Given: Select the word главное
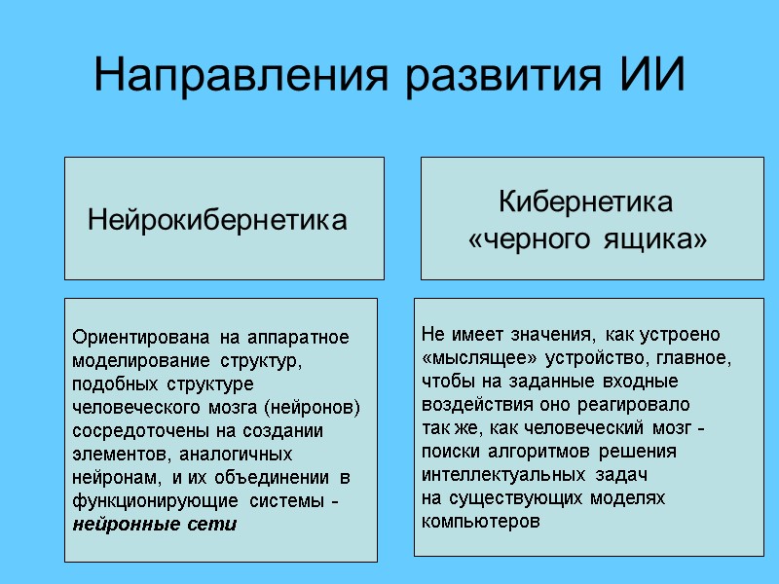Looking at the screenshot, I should pos(693,357).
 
